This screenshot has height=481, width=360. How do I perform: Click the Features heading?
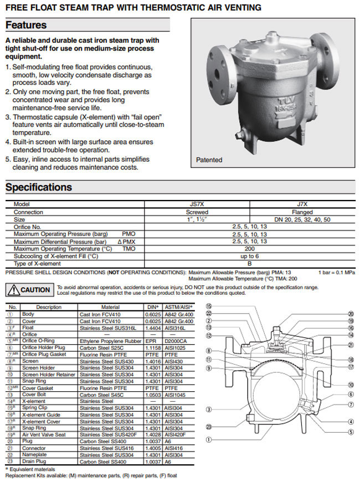point(26,25)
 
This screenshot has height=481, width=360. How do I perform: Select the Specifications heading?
point(39,187)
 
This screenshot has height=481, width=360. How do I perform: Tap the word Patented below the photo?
point(209,160)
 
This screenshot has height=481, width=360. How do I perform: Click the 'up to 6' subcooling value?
point(249,257)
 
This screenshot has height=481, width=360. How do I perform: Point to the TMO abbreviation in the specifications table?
point(128,249)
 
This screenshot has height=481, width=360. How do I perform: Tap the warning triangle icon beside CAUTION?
point(13,290)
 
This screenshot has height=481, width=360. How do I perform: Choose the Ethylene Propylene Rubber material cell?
point(109,341)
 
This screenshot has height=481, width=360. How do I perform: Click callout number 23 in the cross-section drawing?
point(209,426)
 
